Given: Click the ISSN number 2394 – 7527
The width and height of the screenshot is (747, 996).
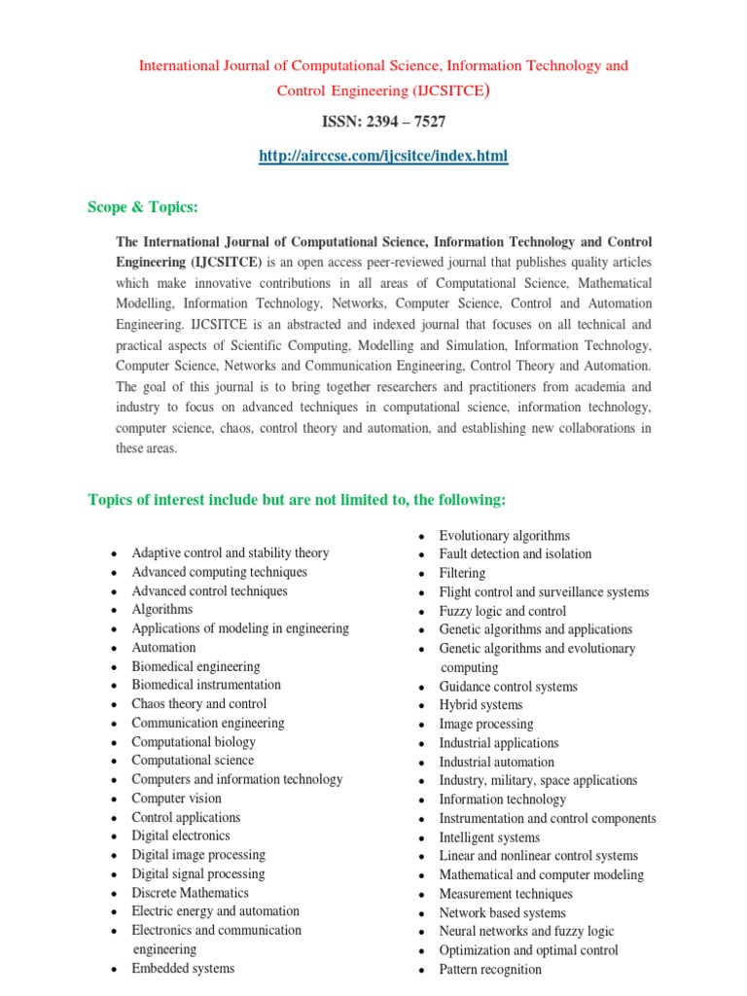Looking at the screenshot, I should (x=383, y=122).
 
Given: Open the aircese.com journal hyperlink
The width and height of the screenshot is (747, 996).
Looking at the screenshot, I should (x=382, y=156).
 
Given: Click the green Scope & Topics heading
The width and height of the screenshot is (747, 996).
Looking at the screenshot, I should (x=143, y=207).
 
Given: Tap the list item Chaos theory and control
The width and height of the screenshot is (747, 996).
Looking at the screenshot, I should (x=199, y=703).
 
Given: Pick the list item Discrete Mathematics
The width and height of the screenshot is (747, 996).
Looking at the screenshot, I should (x=190, y=892).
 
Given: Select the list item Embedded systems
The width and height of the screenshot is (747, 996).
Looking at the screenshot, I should (x=183, y=968).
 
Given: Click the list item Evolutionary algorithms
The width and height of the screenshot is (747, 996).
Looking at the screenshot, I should (x=504, y=535).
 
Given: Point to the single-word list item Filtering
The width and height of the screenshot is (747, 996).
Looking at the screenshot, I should (x=461, y=573).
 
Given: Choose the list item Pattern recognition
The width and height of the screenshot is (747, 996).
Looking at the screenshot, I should (x=490, y=969).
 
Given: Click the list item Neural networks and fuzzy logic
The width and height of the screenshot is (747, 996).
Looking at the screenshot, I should (x=526, y=931).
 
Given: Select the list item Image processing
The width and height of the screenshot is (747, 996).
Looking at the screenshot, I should (x=485, y=724).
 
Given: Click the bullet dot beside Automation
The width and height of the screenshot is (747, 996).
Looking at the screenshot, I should (x=114, y=649).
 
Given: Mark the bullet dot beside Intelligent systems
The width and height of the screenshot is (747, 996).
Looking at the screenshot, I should (x=421, y=838).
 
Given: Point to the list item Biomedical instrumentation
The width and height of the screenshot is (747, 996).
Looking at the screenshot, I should (x=206, y=685).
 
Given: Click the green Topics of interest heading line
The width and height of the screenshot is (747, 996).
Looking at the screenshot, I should (x=297, y=500).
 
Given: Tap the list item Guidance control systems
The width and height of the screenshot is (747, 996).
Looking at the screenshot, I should (x=508, y=686).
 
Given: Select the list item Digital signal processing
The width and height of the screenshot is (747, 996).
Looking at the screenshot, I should (x=198, y=873).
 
